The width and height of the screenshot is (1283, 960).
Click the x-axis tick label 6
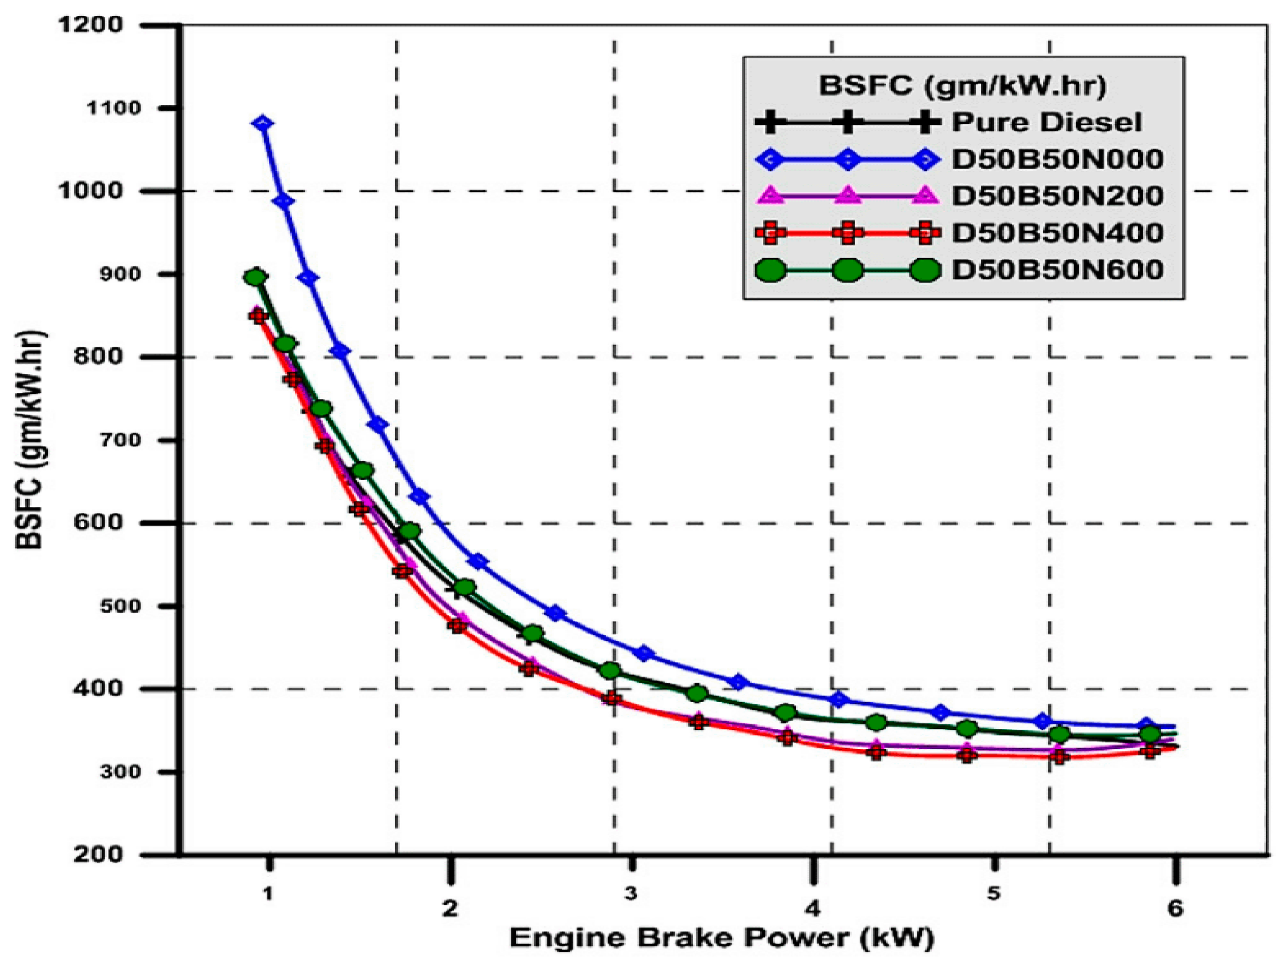(1175, 908)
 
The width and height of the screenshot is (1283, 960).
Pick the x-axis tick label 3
(631, 893)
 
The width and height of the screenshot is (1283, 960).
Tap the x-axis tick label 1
(268, 893)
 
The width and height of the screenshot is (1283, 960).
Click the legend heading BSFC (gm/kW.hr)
(963, 86)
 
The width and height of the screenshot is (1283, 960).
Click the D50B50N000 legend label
(1057, 159)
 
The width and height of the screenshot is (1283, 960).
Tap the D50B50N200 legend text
(1057, 196)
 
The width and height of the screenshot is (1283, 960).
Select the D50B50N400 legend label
(1057, 232)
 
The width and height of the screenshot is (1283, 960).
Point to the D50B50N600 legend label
(1057, 270)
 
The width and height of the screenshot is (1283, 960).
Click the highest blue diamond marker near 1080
(263, 124)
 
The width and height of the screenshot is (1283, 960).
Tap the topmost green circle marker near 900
(255, 277)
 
